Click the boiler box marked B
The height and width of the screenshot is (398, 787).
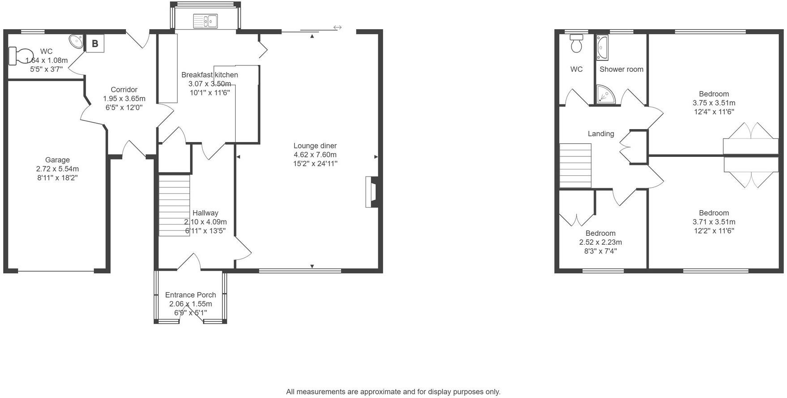point(95,43)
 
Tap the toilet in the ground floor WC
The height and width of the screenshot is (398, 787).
point(21,56)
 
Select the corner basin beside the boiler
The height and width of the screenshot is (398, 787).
point(77,42)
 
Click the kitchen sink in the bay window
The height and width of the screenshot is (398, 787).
point(205,21)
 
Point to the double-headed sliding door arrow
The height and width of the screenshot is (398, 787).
point(337,27)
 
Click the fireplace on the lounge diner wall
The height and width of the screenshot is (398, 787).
point(372,192)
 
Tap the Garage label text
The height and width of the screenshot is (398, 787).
point(57,160)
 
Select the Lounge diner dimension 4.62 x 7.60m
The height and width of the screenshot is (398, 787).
point(315,155)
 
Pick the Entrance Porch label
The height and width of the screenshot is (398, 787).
point(190,295)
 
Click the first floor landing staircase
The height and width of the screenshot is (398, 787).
point(575,165)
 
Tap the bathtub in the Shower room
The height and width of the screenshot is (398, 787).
point(602,48)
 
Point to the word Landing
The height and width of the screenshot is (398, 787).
point(601,134)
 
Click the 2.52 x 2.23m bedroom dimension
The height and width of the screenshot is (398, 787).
point(600,242)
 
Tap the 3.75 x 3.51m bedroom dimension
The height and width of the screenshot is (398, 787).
point(713,103)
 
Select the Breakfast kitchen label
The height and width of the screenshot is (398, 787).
point(209,75)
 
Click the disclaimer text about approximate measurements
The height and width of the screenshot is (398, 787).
point(393,392)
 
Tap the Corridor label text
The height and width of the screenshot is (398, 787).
point(124,90)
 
